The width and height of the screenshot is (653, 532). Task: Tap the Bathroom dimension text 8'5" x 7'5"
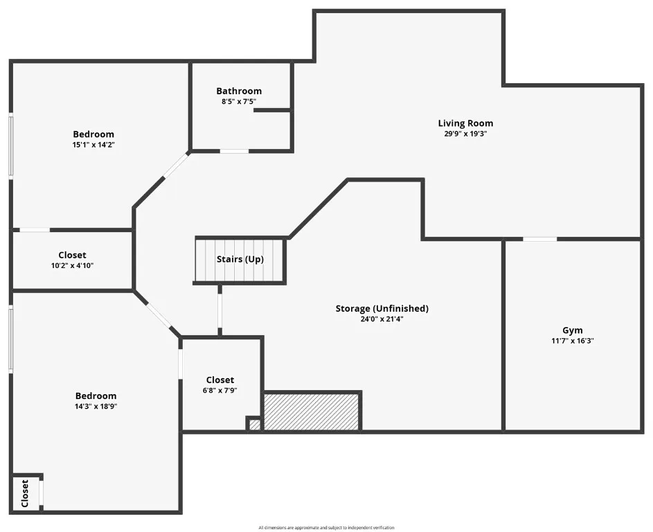point(239,101)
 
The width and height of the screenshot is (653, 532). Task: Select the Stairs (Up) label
point(240,259)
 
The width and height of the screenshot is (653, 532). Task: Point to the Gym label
point(572,330)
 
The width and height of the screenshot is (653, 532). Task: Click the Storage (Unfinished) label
point(382,308)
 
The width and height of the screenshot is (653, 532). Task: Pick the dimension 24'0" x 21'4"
point(382,319)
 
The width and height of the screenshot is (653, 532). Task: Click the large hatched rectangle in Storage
point(312,411)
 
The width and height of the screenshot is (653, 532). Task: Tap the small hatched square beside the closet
point(254,425)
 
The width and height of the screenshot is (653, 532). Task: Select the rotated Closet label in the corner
point(25,493)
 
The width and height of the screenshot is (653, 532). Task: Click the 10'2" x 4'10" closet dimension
point(72,265)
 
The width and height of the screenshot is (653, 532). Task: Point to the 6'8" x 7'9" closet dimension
point(220,390)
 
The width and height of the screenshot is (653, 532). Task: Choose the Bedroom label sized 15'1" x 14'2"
point(93,134)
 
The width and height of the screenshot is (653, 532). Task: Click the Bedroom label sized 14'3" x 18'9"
point(96,396)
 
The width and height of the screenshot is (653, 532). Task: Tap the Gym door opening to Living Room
point(539,239)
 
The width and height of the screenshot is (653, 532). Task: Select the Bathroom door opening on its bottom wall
point(234,151)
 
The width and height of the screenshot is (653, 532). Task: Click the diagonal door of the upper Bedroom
point(177,166)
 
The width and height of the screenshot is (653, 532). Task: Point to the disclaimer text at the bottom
point(326,528)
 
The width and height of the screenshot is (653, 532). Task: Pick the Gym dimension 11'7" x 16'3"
point(572,341)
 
